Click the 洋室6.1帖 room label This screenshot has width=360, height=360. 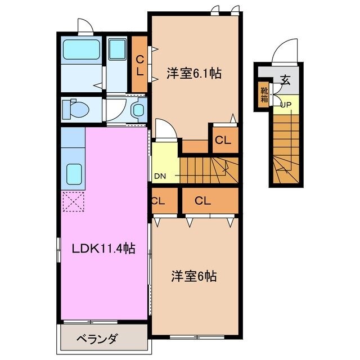(x=193, y=73)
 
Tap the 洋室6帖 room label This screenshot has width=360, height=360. (x=194, y=277)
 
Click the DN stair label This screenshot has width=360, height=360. (x=160, y=176)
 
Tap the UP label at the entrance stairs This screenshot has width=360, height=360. (x=286, y=105)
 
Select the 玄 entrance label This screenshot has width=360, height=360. (x=286, y=80)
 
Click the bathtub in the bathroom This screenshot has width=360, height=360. (x=82, y=50)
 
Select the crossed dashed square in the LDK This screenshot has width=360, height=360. (x=73, y=201)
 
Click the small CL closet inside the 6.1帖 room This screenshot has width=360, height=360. (x=223, y=141)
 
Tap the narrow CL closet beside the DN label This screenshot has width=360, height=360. (x=158, y=200)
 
